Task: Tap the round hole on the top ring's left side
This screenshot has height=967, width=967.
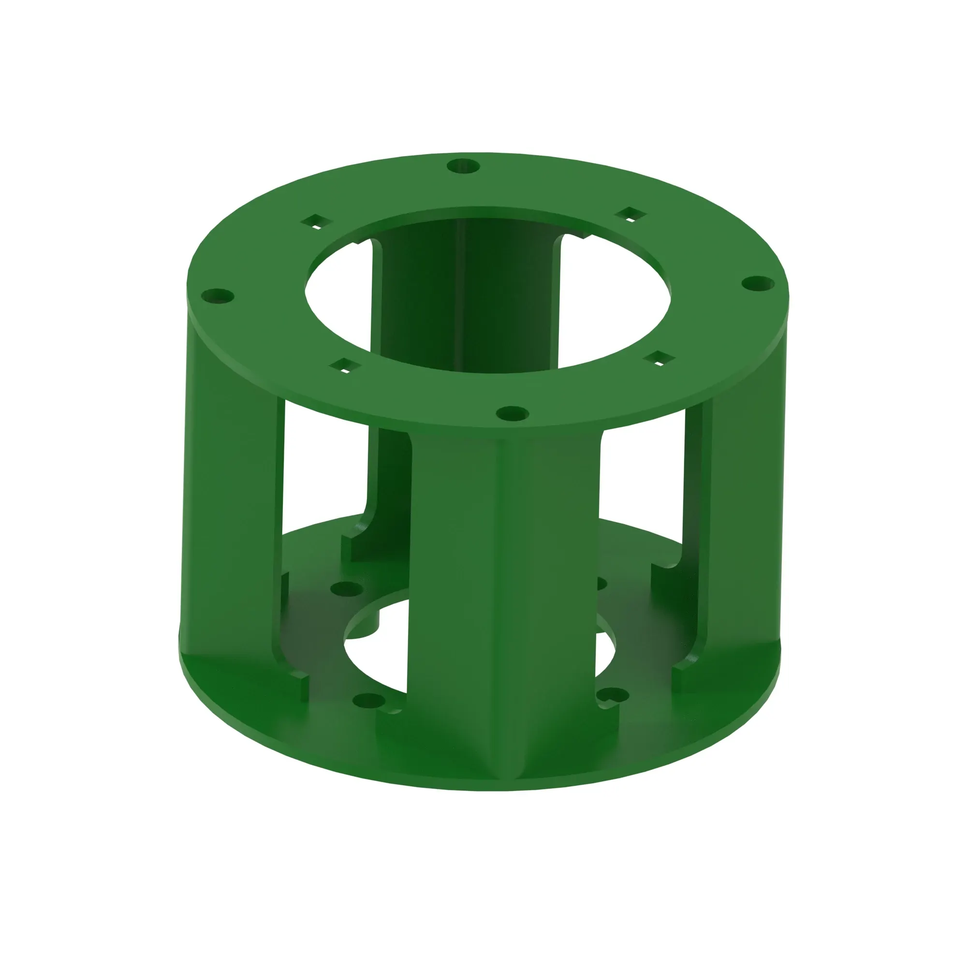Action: pyautogui.click(x=217, y=296)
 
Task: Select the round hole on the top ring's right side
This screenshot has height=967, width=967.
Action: pyautogui.click(x=758, y=284)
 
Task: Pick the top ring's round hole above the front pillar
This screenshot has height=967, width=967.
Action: pyautogui.click(x=512, y=413)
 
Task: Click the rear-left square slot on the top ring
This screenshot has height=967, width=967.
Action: pyautogui.click(x=316, y=221)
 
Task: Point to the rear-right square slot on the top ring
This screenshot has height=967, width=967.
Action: pyautogui.click(x=630, y=215)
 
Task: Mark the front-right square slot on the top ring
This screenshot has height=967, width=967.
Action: pyautogui.click(x=659, y=358)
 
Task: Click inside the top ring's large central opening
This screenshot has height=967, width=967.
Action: pyautogui.click(x=488, y=300)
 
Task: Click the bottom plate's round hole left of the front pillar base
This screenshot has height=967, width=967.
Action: pyautogui.click(x=369, y=701)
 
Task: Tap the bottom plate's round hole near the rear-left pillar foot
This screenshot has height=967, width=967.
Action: pyautogui.click(x=346, y=588)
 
